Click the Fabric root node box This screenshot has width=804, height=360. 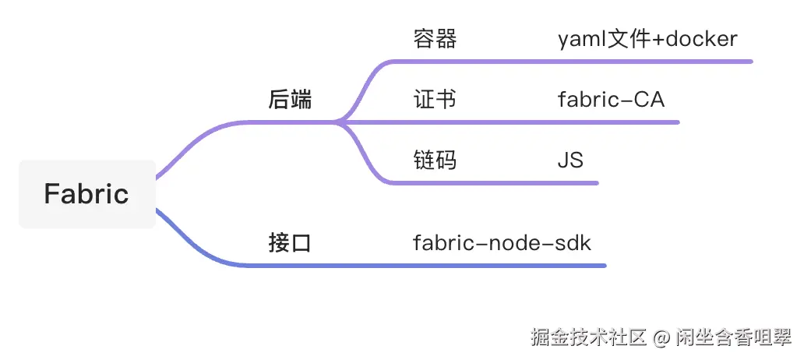86,194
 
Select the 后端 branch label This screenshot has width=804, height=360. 290,100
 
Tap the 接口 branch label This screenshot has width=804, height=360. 290,243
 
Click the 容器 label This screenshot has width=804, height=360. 435,40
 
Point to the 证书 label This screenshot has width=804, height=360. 435,100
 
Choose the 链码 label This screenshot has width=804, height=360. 435,161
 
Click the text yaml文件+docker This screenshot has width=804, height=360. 647,40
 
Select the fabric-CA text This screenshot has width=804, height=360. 612,100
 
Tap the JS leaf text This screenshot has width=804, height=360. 570,161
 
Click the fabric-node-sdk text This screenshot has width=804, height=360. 502,243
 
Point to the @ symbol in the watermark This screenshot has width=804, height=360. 661,338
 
